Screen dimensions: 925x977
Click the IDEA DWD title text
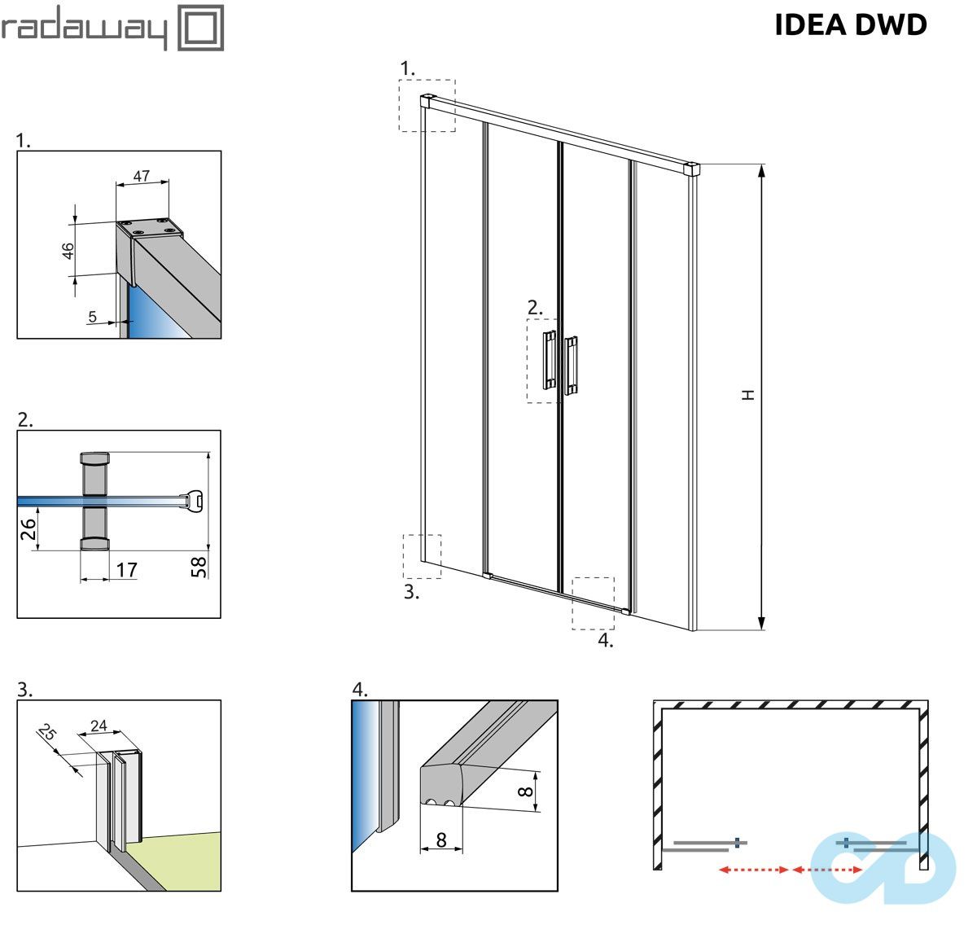click(850, 24)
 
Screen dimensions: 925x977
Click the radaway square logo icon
click(200, 28)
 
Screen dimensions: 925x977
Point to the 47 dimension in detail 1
click(142, 175)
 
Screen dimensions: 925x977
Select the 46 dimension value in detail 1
click(69, 250)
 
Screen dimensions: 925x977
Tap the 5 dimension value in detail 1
click(92, 317)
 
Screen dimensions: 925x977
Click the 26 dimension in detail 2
click(28, 529)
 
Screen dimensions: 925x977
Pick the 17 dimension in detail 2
click(126, 570)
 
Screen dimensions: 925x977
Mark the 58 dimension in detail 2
click(199, 565)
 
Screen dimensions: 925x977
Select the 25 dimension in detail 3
click(47, 734)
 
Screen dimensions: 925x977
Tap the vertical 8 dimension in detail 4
click(527, 791)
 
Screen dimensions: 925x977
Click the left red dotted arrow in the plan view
click(753, 870)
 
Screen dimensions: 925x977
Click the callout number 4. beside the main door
click(605, 640)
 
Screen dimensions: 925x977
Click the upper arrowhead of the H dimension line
click(762, 170)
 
